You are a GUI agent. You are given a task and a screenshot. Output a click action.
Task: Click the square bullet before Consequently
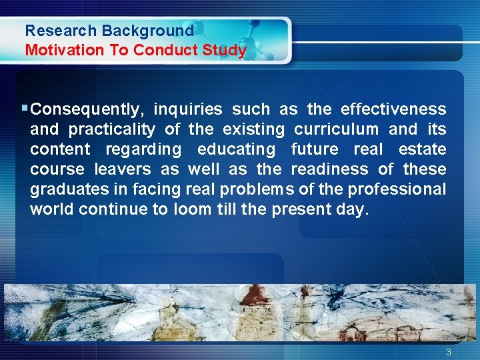pyautogui.click(x=25, y=108)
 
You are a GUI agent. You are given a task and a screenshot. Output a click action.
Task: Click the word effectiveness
pyautogui.click(x=393, y=109)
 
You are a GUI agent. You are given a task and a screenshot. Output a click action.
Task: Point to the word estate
pyautogui.click(x=422, y=149)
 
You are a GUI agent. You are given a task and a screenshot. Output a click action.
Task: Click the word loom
pyautogui.click(x=193, y=209)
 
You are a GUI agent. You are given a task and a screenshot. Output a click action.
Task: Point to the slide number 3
pyautogui.click(x=449, y=352)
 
